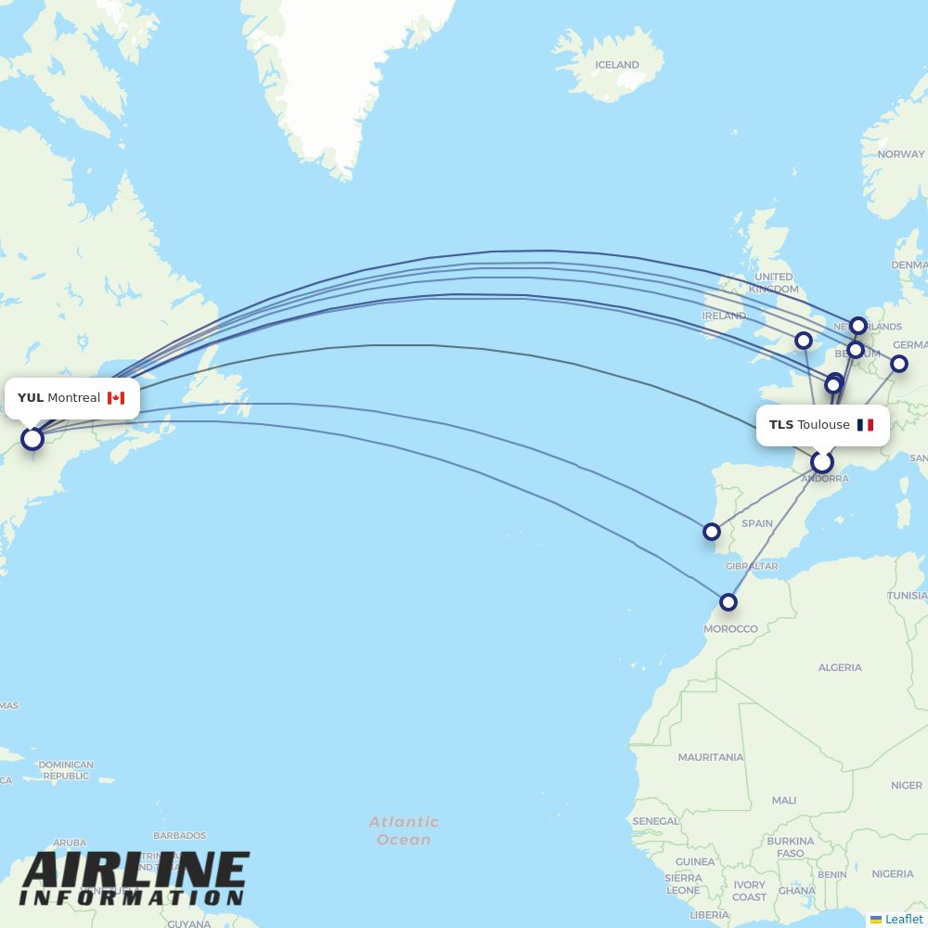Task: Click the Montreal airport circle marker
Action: click(32, 438)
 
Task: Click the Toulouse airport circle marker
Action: click(821, 462)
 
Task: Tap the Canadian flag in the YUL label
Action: click(116, 398)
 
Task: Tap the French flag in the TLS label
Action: click(865, 425)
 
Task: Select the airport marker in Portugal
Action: click(711, 532)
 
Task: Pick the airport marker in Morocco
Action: click(728, 602)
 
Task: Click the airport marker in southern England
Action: click(804, 341)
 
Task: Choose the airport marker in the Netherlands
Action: click(858, 326)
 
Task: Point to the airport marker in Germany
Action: click(898, 364)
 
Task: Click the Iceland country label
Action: click(617, 65)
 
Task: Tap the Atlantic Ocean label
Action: click(404, 831)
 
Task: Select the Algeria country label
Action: click(840, 667)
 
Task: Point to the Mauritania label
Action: click(711, 757)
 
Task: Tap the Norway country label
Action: click(900, 154)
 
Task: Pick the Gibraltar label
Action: click(752, 566)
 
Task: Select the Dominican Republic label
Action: click(66, 770)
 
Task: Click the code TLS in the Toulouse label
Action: click(781, 425)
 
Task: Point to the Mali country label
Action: click(784, 800)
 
